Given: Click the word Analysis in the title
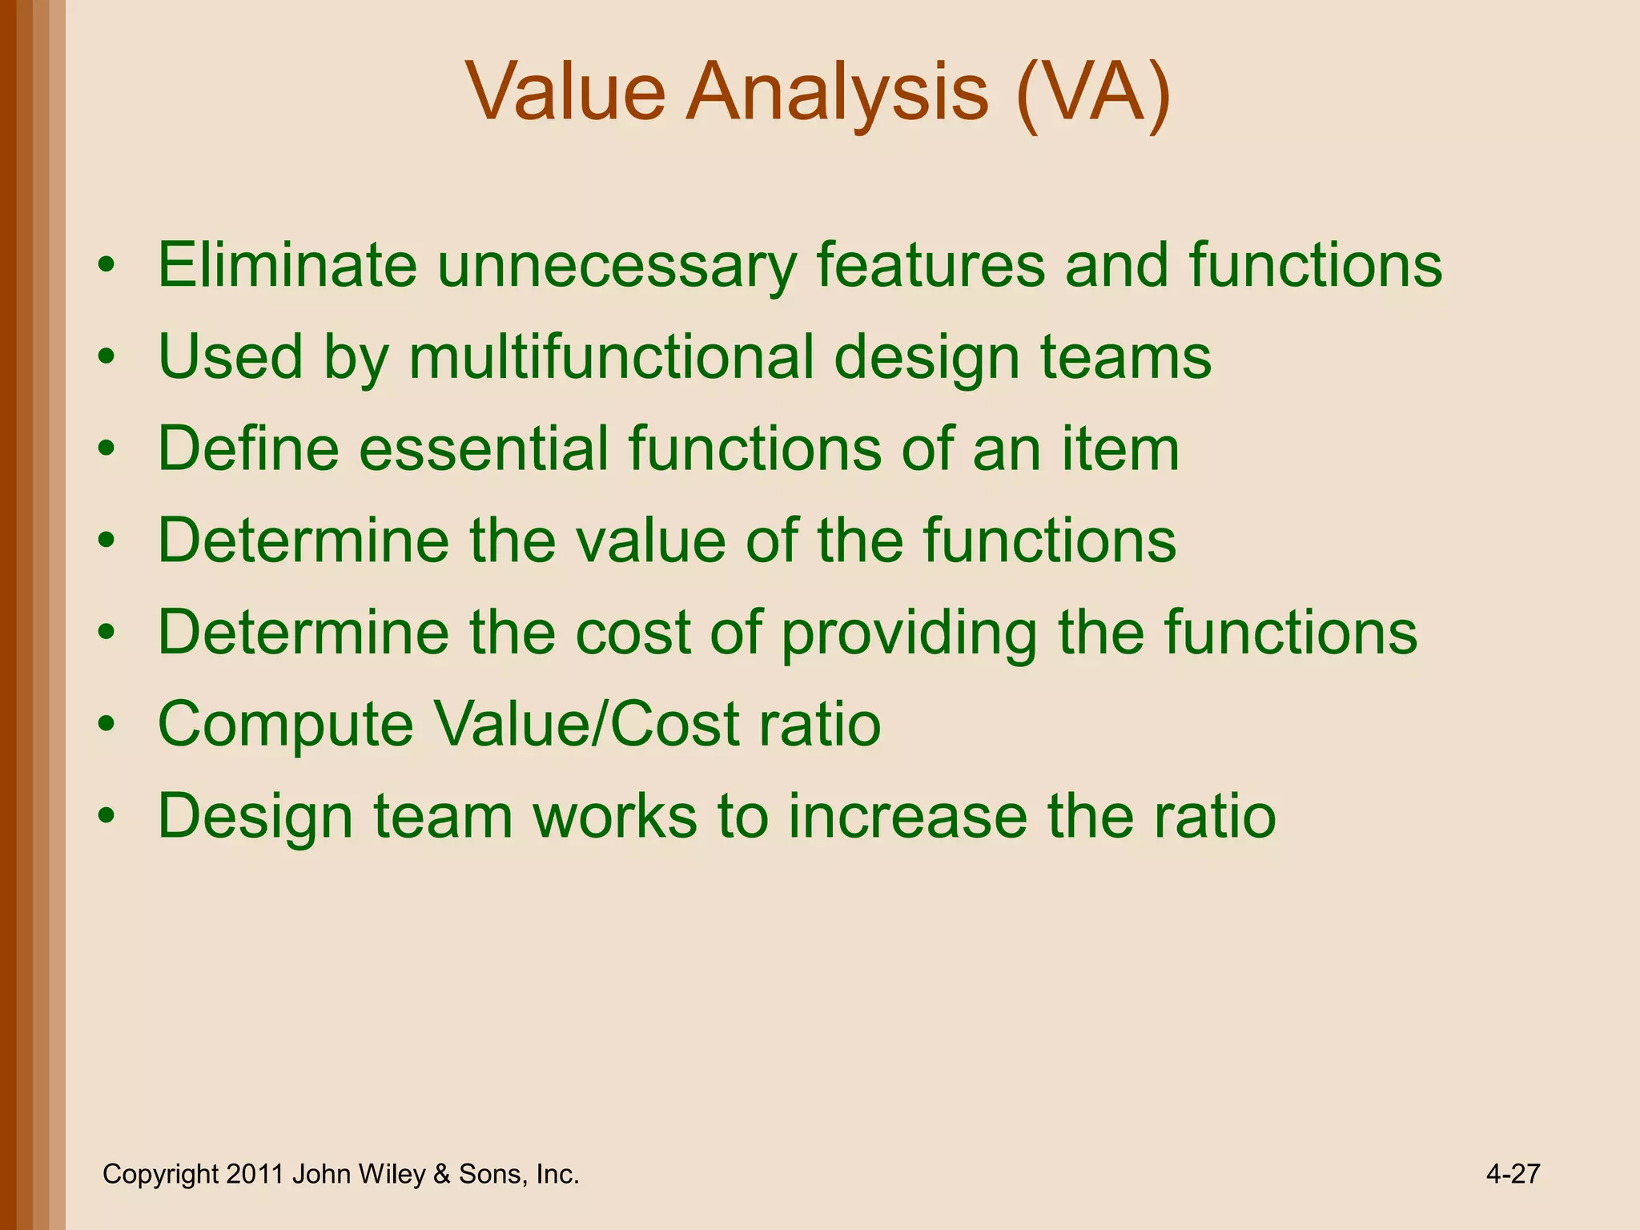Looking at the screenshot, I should [837, 94].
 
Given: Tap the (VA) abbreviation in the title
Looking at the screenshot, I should [1093, 94].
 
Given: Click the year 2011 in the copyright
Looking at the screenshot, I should [255, 1174].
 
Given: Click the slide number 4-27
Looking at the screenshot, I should [1513, 1174].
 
